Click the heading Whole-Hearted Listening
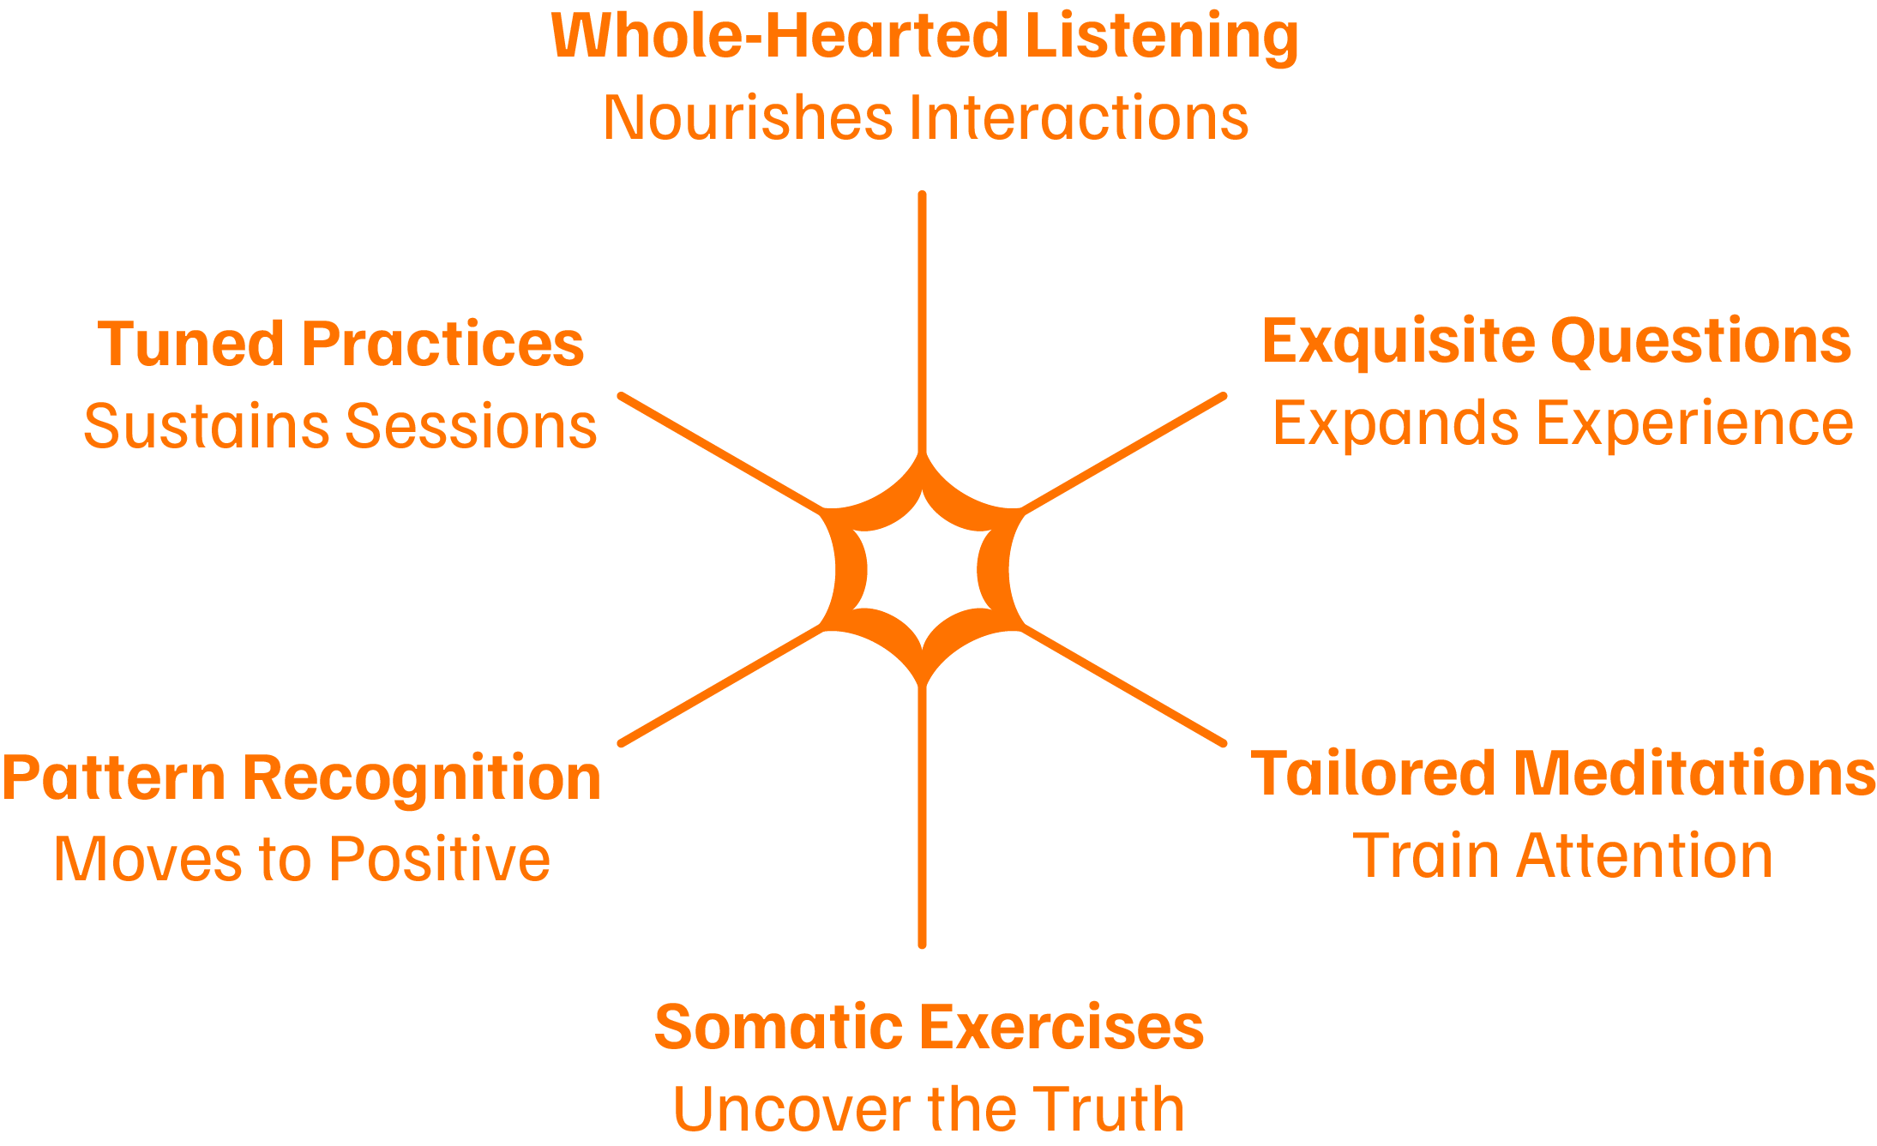tap(924, 36)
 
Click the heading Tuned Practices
tap(340, 344)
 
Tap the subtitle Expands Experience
tap(1562, 423)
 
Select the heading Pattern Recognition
tap(302, 777)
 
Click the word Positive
tap(440, 859)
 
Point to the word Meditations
tap(1694, 773)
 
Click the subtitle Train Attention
tap(1562, 855)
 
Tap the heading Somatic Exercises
tap(929, 1027)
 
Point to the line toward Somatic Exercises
tap(922, 814)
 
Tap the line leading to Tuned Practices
tap(720, 453)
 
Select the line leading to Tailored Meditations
tap(1123, 686)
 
